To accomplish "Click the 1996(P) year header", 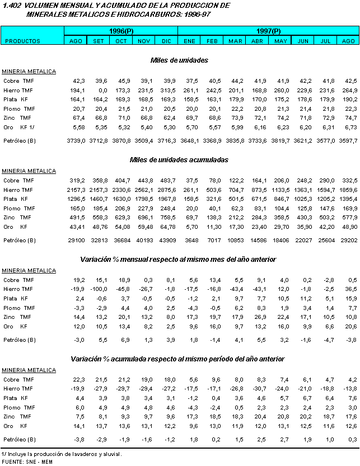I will [x=120, y=31].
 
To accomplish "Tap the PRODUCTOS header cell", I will [x=23, y=41].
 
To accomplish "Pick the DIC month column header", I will [x=166, y=41].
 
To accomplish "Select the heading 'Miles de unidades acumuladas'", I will [x=179, y=159].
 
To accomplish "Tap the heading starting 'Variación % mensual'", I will [x=178, y=259].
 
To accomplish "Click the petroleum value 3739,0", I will [x=76, y=140].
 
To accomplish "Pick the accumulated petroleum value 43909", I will [x=167, y=240].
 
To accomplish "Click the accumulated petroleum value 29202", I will [x=348, y=240].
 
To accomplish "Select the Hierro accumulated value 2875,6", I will [x=166, y=190].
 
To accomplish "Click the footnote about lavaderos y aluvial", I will [x=62, y=454].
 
